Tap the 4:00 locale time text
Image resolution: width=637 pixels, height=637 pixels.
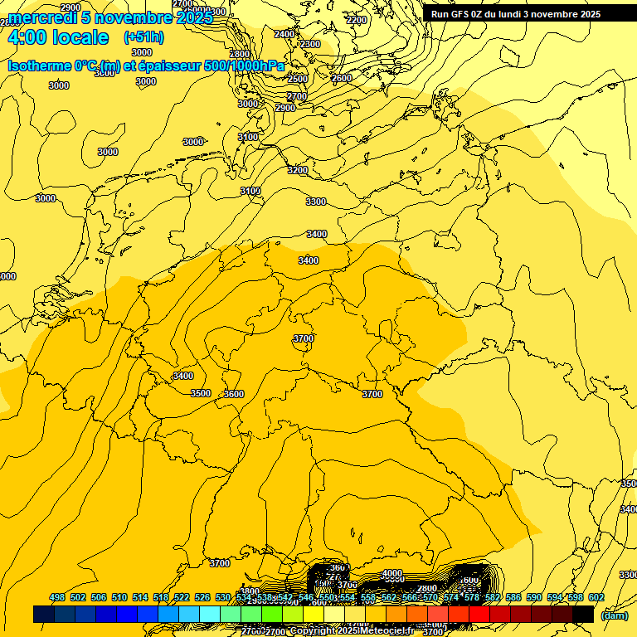coord(57,37)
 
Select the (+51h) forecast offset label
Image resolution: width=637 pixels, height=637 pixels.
coord(143,37)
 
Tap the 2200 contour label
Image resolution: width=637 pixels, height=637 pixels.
coord(357,20)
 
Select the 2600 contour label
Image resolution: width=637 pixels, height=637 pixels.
coord(342,79)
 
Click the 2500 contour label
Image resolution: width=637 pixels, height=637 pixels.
coord(297,79)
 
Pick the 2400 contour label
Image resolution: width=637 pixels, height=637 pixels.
coord(284,34)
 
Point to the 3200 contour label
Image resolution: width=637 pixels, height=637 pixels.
coord(297,170)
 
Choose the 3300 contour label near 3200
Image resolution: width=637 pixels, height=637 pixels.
coord(316,202)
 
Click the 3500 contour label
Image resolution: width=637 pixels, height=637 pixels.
coord(201,393)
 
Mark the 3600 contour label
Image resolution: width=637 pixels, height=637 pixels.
coord(234,394)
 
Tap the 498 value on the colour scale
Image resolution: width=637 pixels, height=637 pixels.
coord(57,597)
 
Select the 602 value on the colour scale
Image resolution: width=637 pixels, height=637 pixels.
coord(596,597)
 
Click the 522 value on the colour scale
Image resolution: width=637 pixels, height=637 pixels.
coord(182,597)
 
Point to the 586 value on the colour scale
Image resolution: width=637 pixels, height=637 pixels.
coord(513,597)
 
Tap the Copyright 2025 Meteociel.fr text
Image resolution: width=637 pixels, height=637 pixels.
coord(353,631)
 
